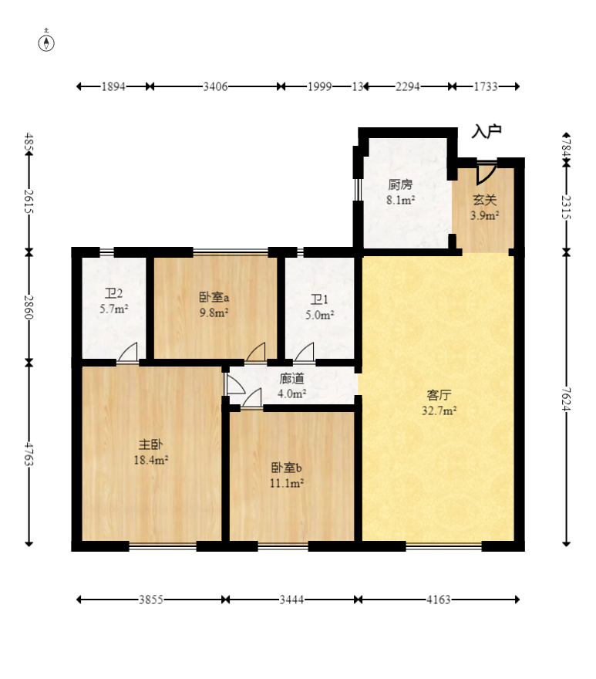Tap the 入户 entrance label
point(486,130)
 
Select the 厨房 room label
point(400,185)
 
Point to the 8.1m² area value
point(400,200)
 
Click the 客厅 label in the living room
point(439,395)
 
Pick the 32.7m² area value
point(439,410)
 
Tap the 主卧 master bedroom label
point(150,444)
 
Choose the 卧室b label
point(286,468)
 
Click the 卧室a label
point(214,297)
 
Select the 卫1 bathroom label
point(319,299)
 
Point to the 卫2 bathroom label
point(113,294)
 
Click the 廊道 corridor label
point(291,379)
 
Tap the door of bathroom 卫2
point(127,352)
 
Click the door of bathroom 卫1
point(305,352)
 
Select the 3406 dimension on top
point(215,86)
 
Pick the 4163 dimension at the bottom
point(439,600)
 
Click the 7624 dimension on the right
point(566,399)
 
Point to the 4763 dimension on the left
point(29,454)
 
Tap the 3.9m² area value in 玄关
point(484,215)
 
